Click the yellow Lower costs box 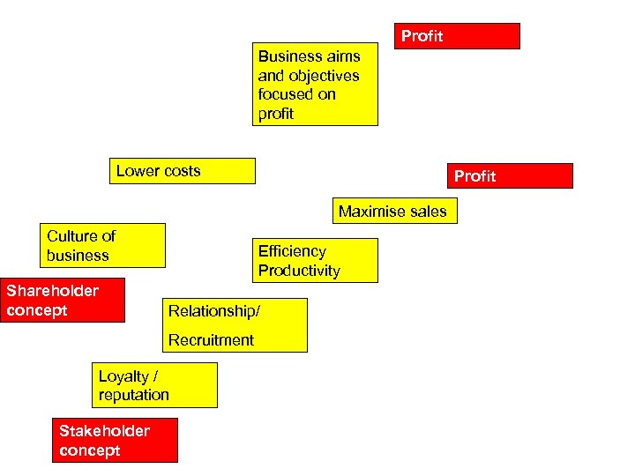pos(184,171)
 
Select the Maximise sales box pos(394,211)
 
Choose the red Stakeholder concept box pos(115,440)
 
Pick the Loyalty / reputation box pos(154,385)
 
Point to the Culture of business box pos(105,245)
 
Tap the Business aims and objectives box pos(315,85)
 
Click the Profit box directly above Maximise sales pos(510,175)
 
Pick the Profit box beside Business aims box pos(456,36)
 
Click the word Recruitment pos(211,340)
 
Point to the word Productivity pos(299,271)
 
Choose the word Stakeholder pos(104,431)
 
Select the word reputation pos(133,395)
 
